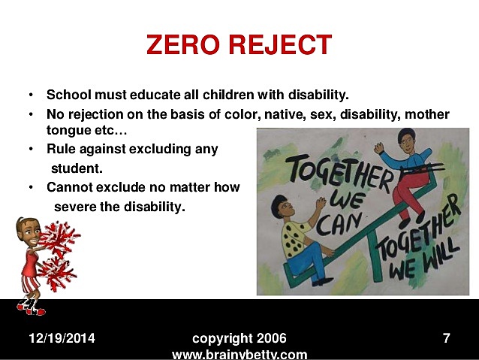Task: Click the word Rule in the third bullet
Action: [61, 149]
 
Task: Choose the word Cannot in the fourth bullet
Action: [70, 187]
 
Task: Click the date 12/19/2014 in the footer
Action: [62, 338]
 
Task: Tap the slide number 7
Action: [446, 338]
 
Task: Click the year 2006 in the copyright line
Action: [271, 338]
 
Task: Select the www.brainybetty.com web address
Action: [239, 354]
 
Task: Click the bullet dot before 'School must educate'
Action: [31, 95]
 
